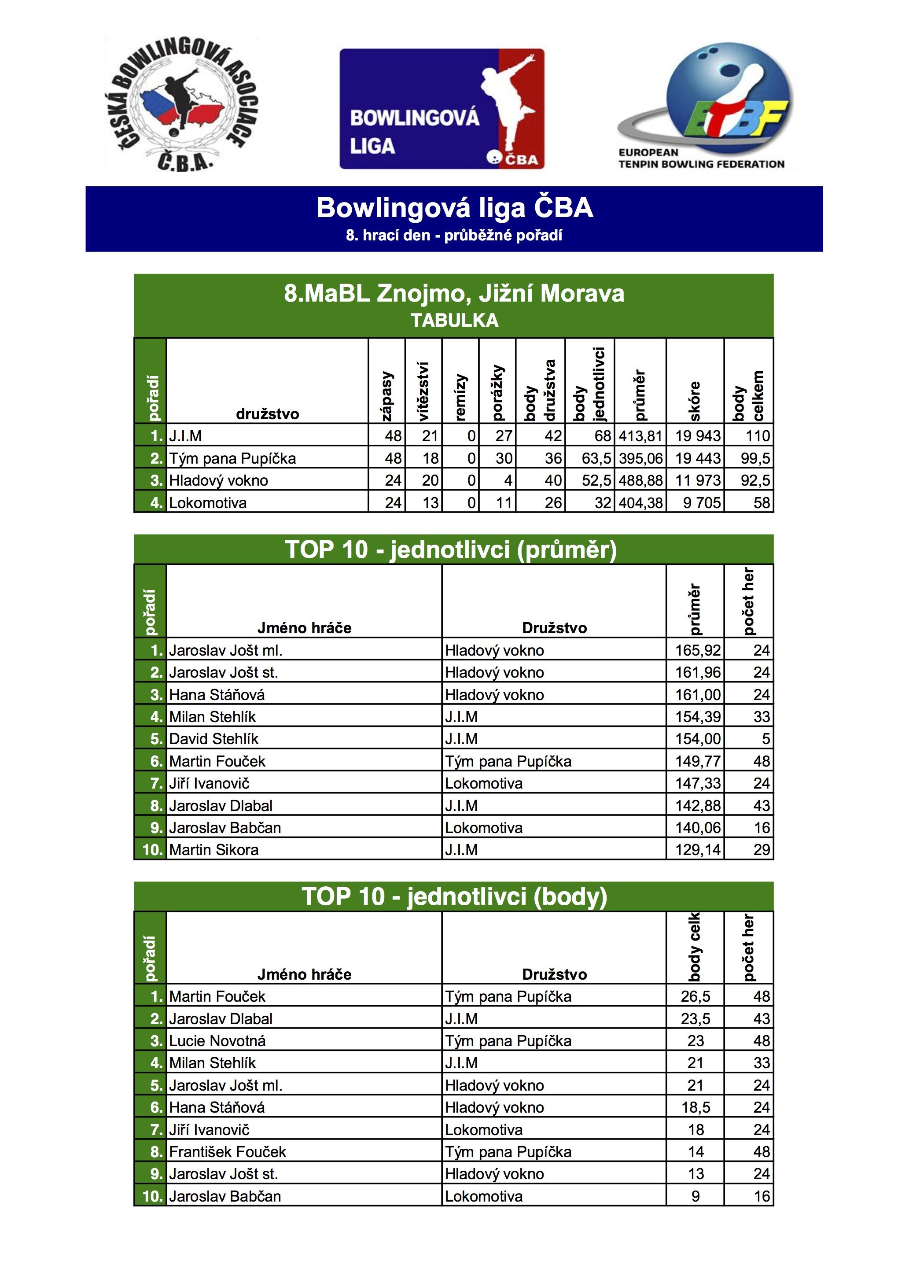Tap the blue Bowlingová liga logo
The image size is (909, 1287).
click(x=442, y=109)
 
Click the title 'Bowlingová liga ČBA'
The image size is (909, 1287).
click(x=454, y=208)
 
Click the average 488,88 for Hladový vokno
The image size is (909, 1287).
click(x=640, y=480)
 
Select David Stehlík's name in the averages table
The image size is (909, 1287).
click(x=213, y=739)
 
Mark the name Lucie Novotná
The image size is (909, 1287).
click(x=217, y=1041)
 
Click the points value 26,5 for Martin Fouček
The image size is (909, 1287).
click(x=695, y=997)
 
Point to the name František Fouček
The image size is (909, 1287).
click(x=228, y=1152)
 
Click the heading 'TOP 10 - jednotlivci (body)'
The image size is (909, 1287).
click(x=454, y=896)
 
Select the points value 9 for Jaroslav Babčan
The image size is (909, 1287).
click(x=695, y=1196)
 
